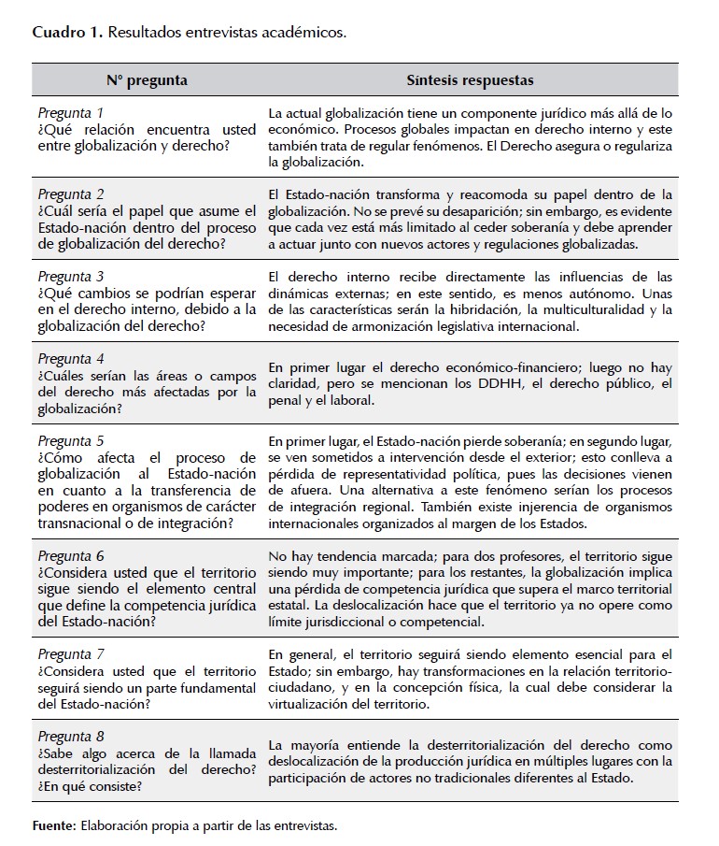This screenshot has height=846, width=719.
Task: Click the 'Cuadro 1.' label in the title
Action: [67, 33]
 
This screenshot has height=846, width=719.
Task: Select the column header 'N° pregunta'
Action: [147, 80]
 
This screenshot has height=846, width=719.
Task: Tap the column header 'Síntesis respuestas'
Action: [470, 80]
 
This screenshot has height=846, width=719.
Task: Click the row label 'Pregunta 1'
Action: [71, 113]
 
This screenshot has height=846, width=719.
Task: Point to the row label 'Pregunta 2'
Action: [71, 194]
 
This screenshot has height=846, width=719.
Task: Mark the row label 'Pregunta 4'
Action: [71, 358]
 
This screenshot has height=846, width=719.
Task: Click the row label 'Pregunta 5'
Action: [71, 439]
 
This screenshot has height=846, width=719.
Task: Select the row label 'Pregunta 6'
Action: [71, 555]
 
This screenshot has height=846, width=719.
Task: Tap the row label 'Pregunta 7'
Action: [71, 653]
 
